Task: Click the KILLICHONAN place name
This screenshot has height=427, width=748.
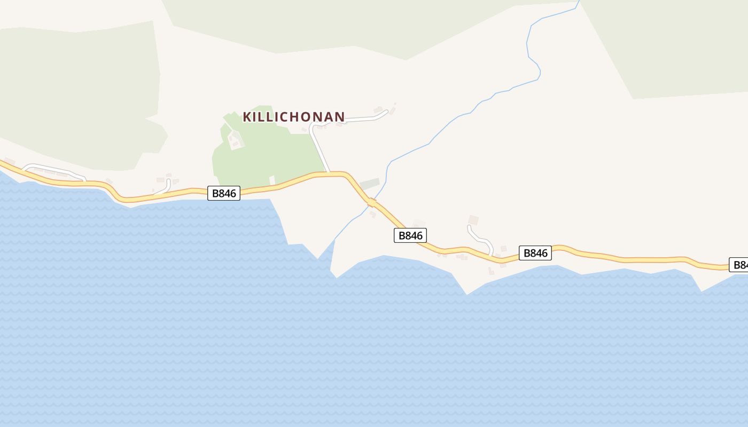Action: (x=294, y=117)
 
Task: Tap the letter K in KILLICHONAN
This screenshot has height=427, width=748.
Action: (x=247, y=117)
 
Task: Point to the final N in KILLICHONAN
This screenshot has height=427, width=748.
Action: (x=340, y=117)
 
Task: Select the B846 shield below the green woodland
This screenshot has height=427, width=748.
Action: (x=224, y=193)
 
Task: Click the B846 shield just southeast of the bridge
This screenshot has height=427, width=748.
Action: (x=410, y=235)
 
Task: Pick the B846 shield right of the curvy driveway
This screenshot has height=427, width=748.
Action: (x=535, y=253)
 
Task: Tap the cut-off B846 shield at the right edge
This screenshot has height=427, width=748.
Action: (x=739, y=265)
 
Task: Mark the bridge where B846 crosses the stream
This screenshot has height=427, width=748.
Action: (x=372, y=202)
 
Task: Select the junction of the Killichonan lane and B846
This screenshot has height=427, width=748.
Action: (x=328, y=173)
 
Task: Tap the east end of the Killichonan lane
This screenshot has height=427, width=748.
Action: (x=385, y=112)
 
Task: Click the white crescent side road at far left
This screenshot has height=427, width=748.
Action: (x=53, y=169)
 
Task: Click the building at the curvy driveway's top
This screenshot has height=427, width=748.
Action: (x=473, y=220)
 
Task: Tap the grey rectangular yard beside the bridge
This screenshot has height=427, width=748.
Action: (x=370, y=184)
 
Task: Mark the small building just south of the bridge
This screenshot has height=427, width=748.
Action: (x=372, y=214)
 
